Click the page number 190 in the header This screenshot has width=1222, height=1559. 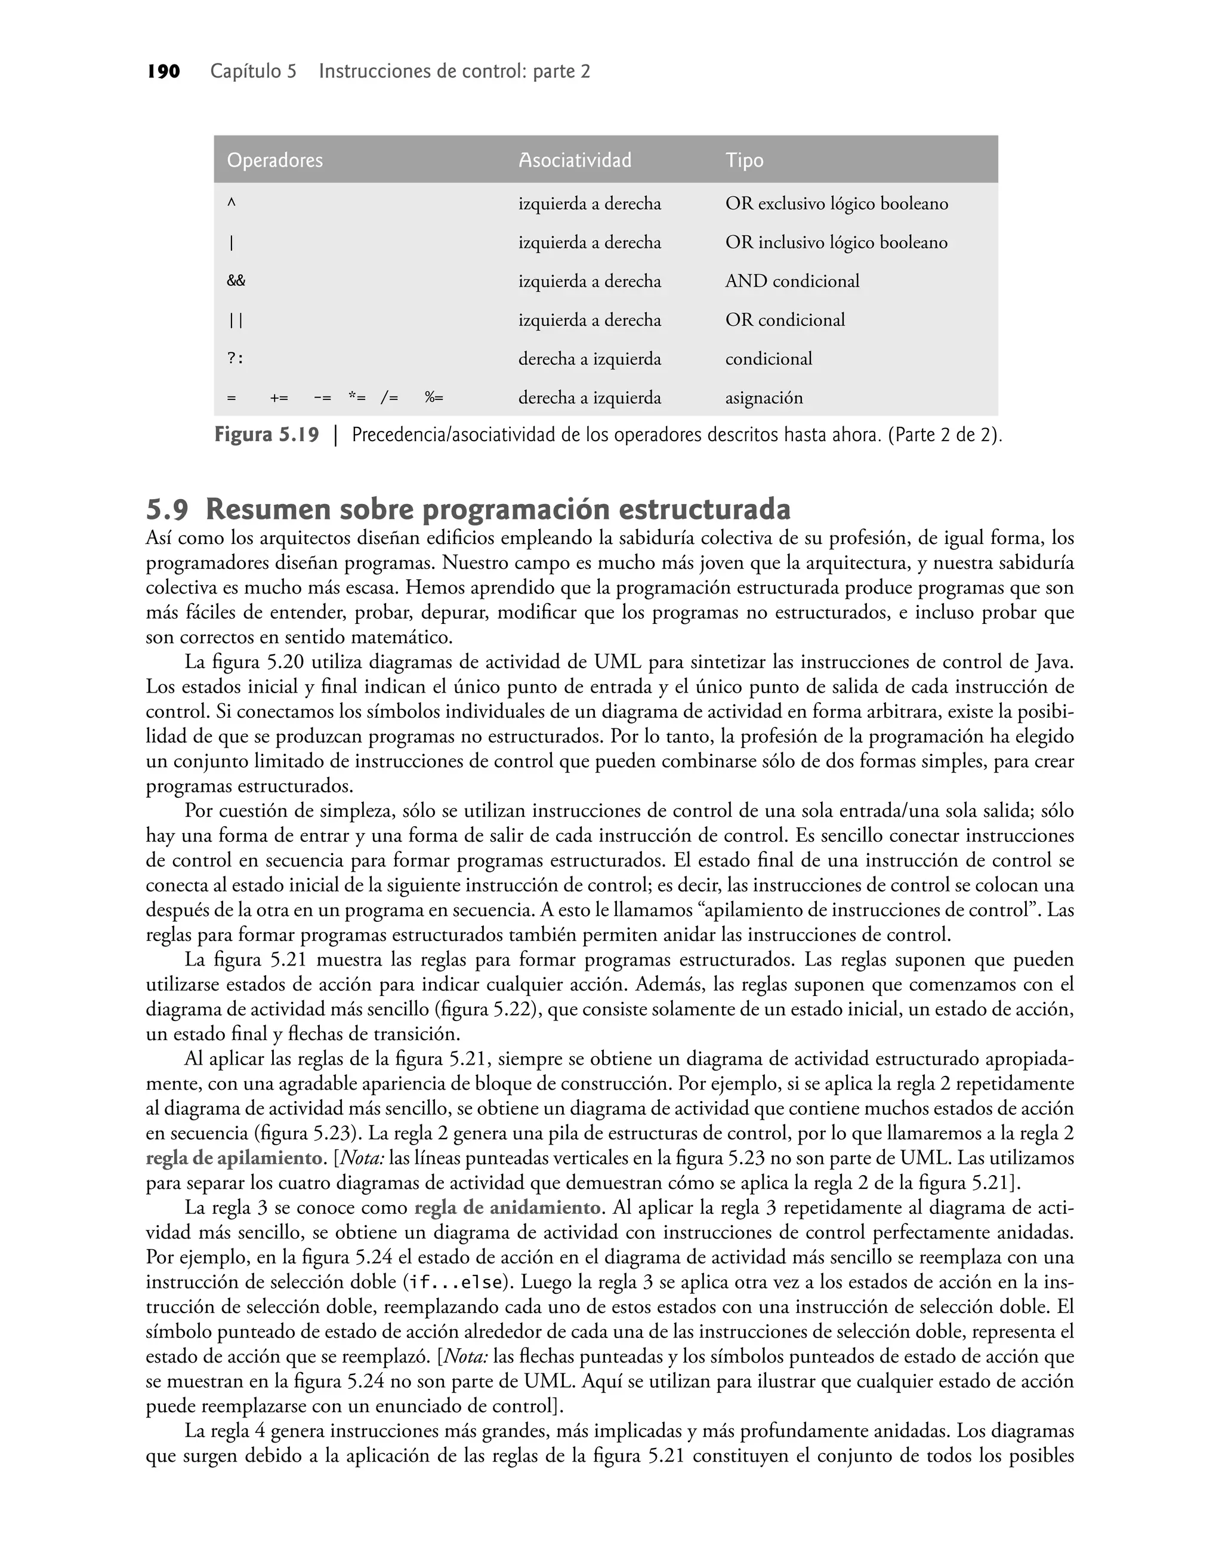[x=163, y=72]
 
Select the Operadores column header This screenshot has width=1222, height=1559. [x=274, y=161]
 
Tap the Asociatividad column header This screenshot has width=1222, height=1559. [x=575, y=161]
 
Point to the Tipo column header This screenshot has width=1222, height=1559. [x=744, y=161]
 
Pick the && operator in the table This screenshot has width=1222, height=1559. [x=236, y=281]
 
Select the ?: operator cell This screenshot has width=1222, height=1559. [x=235, y=359]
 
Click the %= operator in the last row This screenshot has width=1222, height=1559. [x=434, y=397]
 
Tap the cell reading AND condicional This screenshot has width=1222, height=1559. [x=792, y=281]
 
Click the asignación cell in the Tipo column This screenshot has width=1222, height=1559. [x=764, y=397]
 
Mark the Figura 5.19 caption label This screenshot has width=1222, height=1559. [x=266, y=435]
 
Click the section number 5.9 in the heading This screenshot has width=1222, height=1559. [x=168, y=510]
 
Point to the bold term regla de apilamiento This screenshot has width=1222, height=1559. [x=234, y=1158]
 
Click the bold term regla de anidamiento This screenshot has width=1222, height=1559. [x=507, y=1209]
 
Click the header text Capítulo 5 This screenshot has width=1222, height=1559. [x=253, y=72]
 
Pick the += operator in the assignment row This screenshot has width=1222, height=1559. [x=279, y=397]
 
